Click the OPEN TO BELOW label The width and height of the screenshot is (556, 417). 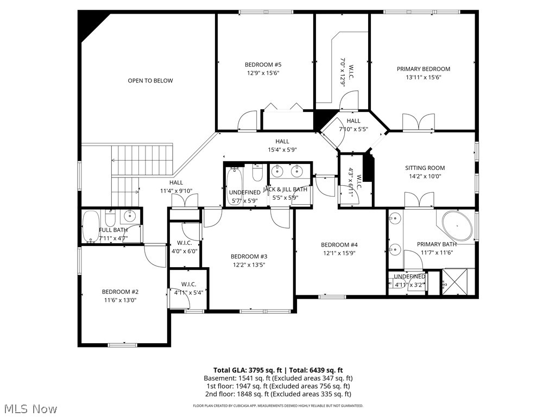pos(150,81)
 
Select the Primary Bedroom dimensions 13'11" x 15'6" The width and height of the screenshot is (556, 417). pos(423,77)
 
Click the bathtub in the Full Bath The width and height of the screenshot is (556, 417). pos(90,226)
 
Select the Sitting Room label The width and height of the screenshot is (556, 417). pos(425,168)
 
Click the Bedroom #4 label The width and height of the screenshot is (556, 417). pos(339,245)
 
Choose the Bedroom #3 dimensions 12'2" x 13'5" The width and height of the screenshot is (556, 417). pos(249,265)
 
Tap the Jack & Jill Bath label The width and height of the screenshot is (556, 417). pos(285,189)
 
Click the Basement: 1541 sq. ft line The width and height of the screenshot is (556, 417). pos(278,378)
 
